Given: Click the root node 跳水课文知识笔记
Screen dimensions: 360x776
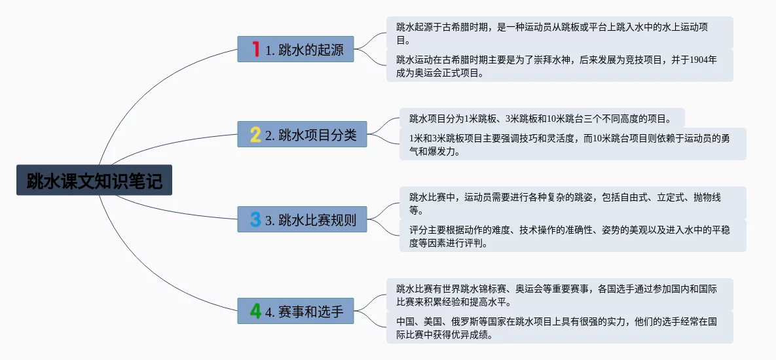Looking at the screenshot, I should tap(94, 180).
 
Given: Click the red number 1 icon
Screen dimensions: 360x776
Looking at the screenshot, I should tap(256, 49).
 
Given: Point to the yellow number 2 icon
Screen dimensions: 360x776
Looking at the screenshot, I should tap(255, 135).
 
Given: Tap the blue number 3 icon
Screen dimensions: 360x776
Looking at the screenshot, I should tap(255, 219).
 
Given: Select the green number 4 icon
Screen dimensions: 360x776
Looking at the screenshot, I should tap(255, 311).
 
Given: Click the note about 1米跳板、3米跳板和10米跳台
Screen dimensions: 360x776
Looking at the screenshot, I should tap(540, 118).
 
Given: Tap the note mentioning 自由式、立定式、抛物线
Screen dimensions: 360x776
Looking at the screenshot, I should tap(570, 203).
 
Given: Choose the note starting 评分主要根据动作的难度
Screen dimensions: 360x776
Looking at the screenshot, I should tap(570, 236).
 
